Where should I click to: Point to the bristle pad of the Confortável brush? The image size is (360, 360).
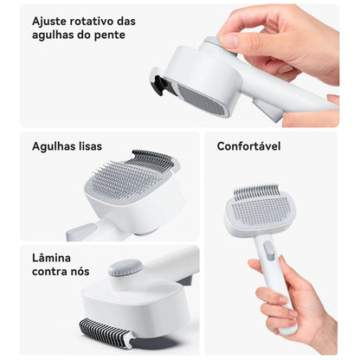pyautogui.click(x=260, y=209)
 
